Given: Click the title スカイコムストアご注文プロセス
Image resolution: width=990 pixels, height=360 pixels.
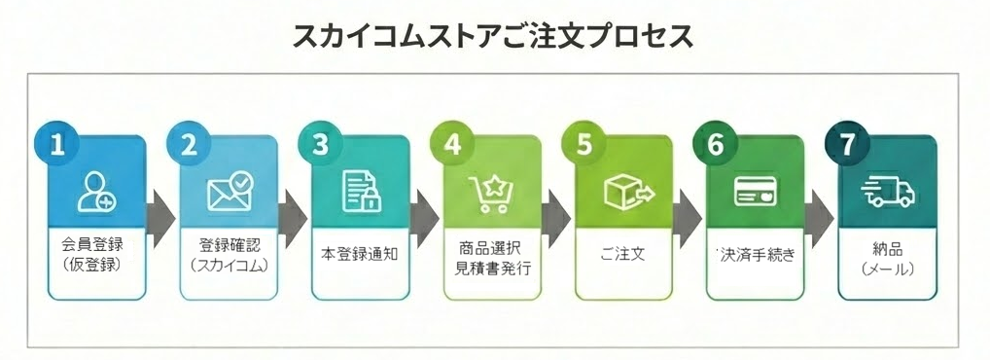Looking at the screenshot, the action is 494,36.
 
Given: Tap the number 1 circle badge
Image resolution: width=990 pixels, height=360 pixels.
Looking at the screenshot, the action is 57,143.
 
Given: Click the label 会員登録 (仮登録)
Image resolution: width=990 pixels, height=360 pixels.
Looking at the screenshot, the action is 96,255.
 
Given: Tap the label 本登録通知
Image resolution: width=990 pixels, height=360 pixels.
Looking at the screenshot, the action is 360,255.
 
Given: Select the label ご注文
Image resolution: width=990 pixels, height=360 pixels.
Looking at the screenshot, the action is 623,255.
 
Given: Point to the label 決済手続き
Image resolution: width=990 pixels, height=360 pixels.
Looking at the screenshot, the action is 757,255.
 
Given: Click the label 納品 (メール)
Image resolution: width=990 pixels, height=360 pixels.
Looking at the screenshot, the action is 888,255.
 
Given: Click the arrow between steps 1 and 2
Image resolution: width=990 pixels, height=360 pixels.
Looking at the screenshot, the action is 161,214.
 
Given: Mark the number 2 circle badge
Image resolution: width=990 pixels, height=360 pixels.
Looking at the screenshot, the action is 189,143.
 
